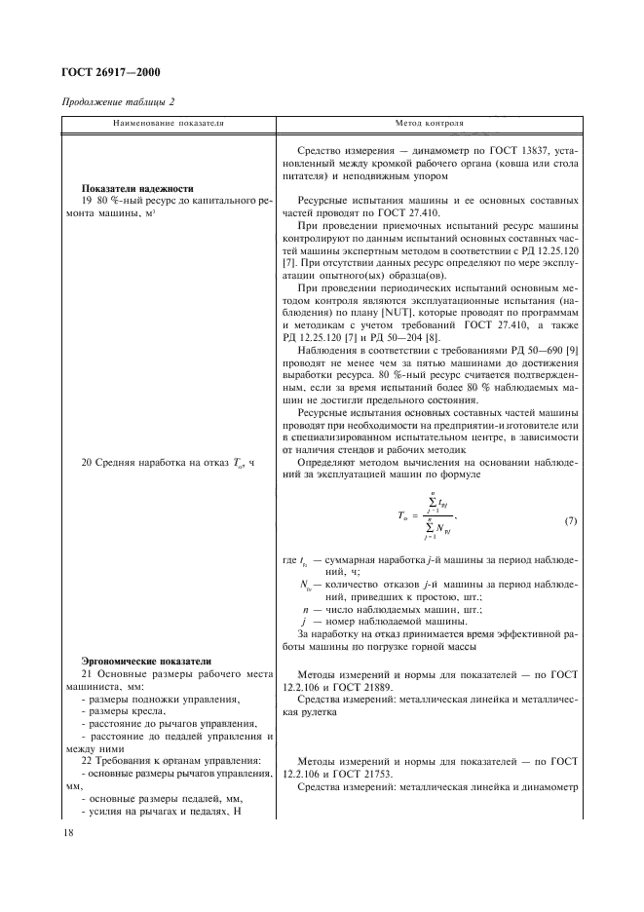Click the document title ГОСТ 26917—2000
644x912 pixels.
click(x=111, y=72)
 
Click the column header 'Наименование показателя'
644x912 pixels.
click(x=168, y=125)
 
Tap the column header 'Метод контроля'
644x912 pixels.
click(x=429, y=125)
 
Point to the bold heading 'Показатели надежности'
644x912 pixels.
click(x=137, y=189)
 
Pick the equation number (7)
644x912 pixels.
click(x=571, y=521)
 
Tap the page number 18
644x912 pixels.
click(x=69, y=832)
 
